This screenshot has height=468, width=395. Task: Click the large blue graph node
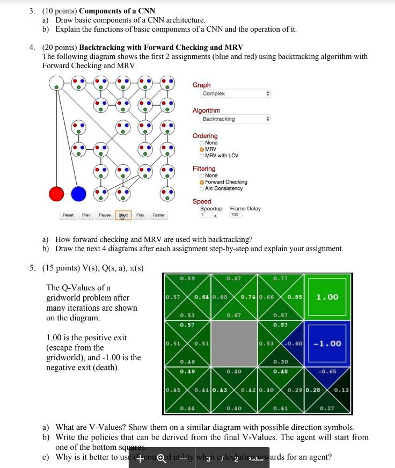tap(79, 193)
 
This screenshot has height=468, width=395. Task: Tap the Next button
tap(123, 215)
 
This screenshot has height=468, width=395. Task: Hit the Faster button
tap(159, 215)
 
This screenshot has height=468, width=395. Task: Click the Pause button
tap(105, 215)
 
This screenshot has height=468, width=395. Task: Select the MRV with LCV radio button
tap(202, 156)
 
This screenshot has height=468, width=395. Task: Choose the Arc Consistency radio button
tap(202, 188)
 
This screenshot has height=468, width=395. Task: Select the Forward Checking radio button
tap(202, 182)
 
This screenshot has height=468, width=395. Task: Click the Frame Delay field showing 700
tap(236, 215)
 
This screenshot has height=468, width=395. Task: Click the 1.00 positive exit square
tap(327, 297)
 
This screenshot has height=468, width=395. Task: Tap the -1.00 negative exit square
tap(327, 343)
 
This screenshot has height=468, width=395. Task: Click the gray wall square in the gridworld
tap(234, 343)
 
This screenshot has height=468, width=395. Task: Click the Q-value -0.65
tap(327, 371)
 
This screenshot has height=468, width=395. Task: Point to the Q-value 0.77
tap(280, 279)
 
